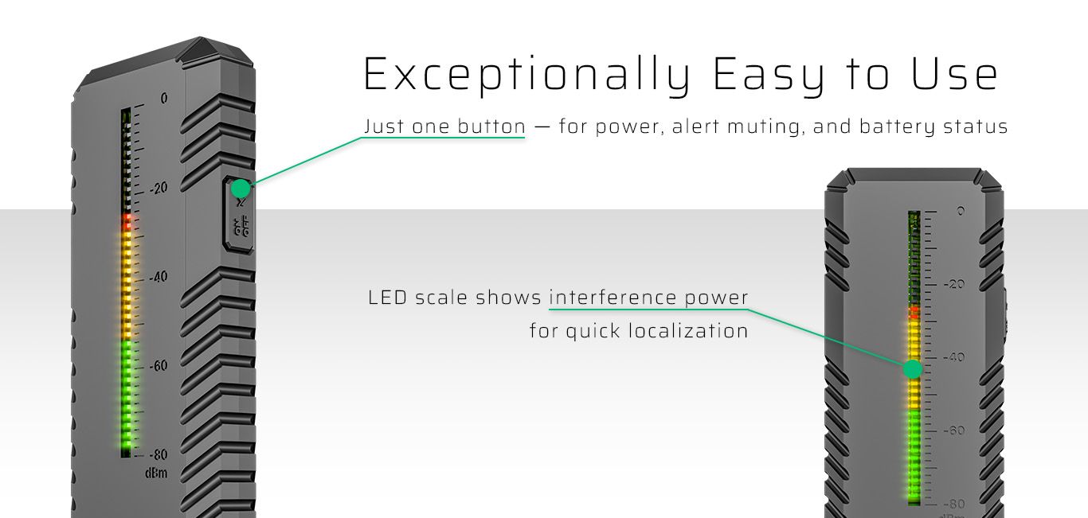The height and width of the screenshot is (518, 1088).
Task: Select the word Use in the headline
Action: click(x=954, y=74)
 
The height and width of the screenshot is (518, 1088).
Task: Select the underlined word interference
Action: click(x=613, y=298)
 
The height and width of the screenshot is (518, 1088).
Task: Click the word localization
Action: click(x=688, y=331)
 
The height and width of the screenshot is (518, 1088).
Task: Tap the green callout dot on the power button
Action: click(x=241, y=189)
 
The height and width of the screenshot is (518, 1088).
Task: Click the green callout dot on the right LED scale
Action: click(x=913, y=369)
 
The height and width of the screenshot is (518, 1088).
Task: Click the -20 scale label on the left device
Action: click(x=159, y=188)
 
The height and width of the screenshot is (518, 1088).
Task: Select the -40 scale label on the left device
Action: click(x=159, y=276)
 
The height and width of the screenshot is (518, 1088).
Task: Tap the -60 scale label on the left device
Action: click(x=159, y=365)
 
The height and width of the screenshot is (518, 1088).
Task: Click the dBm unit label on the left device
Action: click(x=156, y=473)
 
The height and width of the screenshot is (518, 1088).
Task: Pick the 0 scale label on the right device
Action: click(x=961, y=211)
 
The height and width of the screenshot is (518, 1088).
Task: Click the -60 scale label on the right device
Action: click(x=954, y=430)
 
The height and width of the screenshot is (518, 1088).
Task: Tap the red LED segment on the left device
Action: click(x=127, y=222)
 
